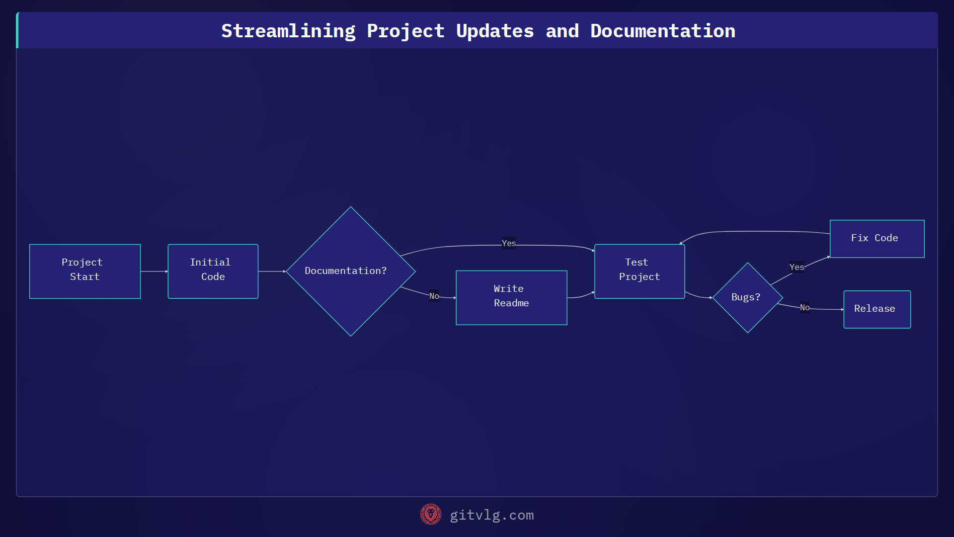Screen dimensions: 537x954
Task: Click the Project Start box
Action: pos(85,271)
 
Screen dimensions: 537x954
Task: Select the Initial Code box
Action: pos(213,271)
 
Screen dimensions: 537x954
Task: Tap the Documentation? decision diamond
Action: pos(350,271)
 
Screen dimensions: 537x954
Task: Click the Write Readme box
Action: pos(511,297)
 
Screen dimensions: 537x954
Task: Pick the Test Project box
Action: pos(639,271)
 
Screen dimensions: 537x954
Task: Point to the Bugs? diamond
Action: pos(747,297)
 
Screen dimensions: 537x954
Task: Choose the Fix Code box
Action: pos(877,239)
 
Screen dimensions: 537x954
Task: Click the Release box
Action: pos(877,309)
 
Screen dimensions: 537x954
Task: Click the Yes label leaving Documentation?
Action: pos(509,243)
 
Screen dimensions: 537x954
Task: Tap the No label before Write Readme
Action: pos(434,296)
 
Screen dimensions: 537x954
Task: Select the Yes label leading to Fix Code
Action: pos(796,267)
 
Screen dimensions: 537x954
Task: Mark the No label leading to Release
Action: pos(804,307)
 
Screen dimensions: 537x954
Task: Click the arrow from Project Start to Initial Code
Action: pos(154,271)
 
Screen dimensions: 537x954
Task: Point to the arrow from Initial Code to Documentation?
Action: pos(272,271)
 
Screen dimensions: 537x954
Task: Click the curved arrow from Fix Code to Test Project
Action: pos(755,231)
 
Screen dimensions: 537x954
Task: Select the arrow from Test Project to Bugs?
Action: pos(698,296)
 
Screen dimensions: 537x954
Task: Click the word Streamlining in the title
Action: pos(288,31)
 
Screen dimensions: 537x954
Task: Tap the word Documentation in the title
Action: pos(662,31)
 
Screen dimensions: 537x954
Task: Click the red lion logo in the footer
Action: pos(430,515)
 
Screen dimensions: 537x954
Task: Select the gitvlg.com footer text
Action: pos(492,515)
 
